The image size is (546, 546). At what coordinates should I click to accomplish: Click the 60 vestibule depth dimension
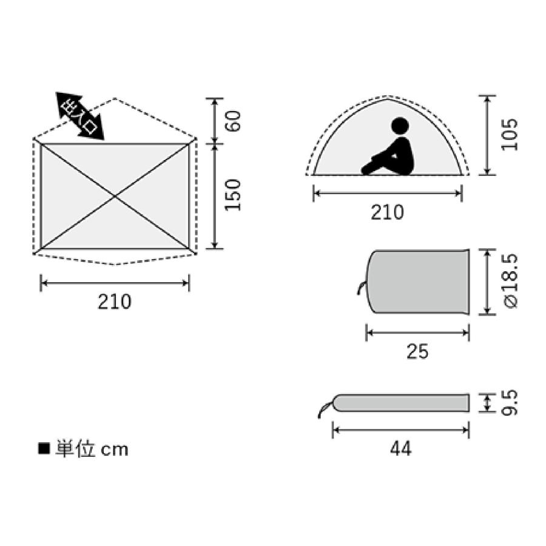234,121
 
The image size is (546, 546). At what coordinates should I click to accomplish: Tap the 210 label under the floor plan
115,302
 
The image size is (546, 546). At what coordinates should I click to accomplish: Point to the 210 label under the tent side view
387,212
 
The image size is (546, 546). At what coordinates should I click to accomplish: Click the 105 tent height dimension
509,135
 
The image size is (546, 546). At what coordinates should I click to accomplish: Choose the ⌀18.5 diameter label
510,281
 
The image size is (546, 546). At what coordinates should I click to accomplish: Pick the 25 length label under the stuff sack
417,352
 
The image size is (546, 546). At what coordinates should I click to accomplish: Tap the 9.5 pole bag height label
510,403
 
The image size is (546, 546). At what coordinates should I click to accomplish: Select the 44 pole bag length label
401,449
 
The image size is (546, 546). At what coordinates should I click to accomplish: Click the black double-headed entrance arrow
80,116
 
